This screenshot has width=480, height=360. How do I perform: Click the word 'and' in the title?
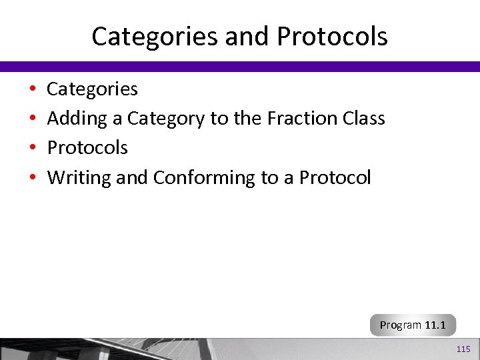pos(244,37)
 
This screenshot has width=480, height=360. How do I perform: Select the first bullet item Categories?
pos(92,89)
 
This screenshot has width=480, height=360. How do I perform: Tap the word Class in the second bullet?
pos(364,118)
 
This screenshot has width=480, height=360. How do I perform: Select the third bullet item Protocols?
pos(87,147)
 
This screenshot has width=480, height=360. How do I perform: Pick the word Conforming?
pos(204,178)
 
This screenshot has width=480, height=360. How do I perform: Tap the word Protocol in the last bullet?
pos(335,177)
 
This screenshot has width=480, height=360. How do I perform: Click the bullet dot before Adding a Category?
pos(32,119)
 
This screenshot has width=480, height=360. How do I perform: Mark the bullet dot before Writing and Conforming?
pos(32,178)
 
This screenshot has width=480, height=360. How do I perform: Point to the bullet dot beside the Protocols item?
pos(32,148)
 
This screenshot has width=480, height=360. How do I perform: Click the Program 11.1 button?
pos(413,325)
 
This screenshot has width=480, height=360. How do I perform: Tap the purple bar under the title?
pos(240,66)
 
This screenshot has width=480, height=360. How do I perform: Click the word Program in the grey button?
pos(401,325)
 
